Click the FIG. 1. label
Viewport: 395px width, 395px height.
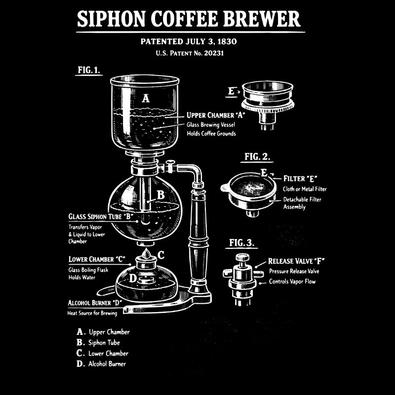coord(89,70)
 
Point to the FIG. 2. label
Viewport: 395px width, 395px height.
coord(257,157)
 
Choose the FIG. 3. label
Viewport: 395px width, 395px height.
coord(242,242)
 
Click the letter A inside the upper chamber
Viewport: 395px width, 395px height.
coord(146,98)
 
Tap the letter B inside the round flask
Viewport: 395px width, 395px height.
coord(160,195)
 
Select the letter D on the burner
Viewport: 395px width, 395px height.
coord(132,278)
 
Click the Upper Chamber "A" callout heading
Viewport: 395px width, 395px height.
coord(216,115)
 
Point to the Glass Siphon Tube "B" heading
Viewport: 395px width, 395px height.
coord(101,216)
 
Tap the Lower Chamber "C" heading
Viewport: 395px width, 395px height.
coord(97,259)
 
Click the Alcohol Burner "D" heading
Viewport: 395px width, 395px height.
coord(95,302)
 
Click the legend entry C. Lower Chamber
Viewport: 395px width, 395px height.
coord(103,353)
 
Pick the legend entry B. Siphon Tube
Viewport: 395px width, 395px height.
coord(99,342)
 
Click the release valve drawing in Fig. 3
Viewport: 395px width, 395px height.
coord(242,276)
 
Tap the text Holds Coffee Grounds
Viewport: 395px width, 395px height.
coord(211,133)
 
